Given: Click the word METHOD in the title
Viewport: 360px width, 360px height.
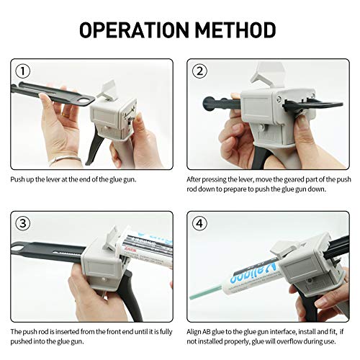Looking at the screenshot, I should tap(238, 30).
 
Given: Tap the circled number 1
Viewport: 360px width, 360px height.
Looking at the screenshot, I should tap(23, 71).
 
